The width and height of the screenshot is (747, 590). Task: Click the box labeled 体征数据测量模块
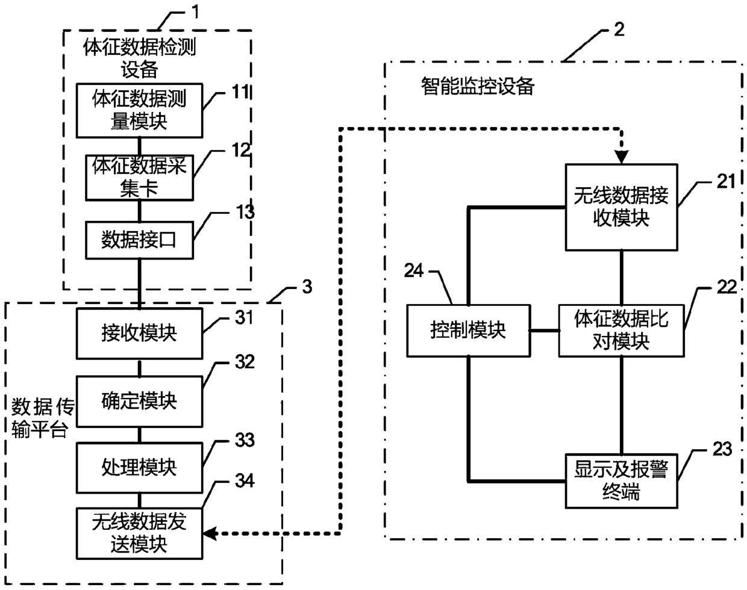[140, 110]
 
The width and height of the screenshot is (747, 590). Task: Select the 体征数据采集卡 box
[140, 178]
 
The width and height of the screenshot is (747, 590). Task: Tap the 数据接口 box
[140, 240]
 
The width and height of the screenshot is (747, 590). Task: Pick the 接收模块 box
[140, 334]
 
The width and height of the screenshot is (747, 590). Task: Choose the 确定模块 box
[140, 402]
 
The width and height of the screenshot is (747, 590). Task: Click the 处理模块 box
[140, 468]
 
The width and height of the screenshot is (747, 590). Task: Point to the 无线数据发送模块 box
[140, 533]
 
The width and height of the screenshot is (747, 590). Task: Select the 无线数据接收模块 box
[621, 207]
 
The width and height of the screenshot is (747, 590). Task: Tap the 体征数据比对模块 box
[621, 331]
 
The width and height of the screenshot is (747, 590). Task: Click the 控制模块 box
[469, 331]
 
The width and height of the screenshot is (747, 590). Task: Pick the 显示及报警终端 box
[621, 481]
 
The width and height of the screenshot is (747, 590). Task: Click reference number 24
[414, 270]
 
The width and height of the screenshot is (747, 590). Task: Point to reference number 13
[245, 211]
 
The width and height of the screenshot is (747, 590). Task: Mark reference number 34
[245, 481]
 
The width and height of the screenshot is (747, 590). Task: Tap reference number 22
[727, 287]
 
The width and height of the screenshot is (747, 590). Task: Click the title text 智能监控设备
[478, 86]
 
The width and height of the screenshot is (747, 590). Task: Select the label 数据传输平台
[43, 418]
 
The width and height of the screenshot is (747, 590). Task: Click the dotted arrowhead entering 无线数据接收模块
[621, 157]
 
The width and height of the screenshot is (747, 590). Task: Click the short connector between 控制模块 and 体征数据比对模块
[545, 331]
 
